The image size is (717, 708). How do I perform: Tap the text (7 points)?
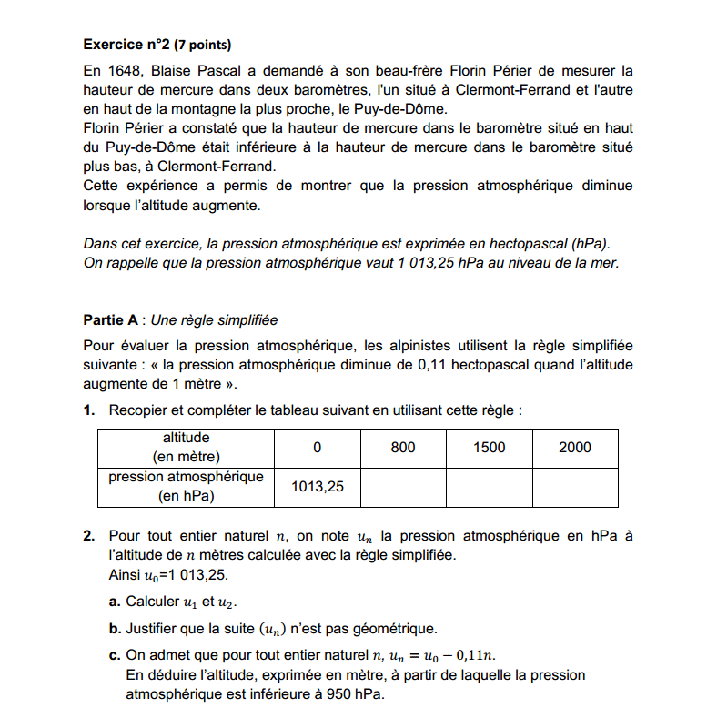[203, 44]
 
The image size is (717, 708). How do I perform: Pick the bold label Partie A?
[110, 320]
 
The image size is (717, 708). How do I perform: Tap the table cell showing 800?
[403, 447]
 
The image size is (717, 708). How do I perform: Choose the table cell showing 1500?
[489, 447]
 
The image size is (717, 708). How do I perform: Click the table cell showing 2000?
[574, 447]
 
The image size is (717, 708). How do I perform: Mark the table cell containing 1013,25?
[318, 487]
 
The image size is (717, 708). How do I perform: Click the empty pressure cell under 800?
[403, 487]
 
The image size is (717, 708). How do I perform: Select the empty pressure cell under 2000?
[574, 487]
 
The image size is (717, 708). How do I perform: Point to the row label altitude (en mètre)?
[186, 447]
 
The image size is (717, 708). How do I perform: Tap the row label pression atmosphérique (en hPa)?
[186, 487]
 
